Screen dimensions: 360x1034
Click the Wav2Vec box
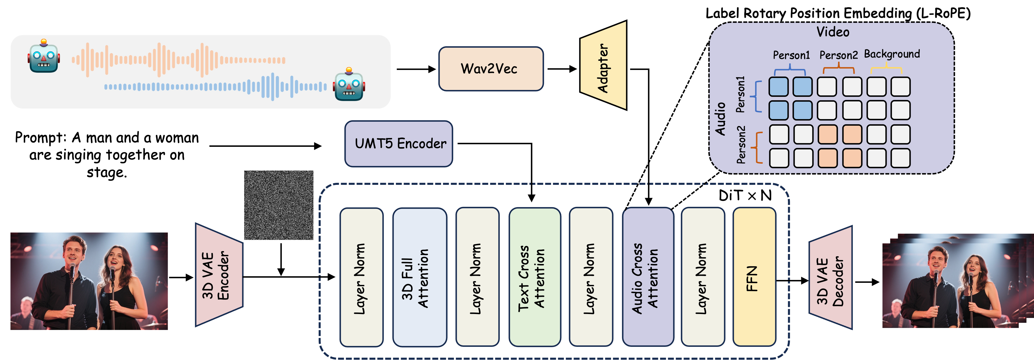(x=490, y=69)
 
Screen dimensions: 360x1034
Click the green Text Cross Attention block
(x=534, y=277)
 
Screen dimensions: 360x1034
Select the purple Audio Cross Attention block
(x=648, y=277)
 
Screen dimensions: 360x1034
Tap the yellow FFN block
(x=754, y=277)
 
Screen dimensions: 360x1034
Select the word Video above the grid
(x=833, y=32)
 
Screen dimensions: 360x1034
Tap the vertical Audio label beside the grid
(x=720, y=119)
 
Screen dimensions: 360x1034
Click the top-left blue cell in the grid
(x=779, y=87)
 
